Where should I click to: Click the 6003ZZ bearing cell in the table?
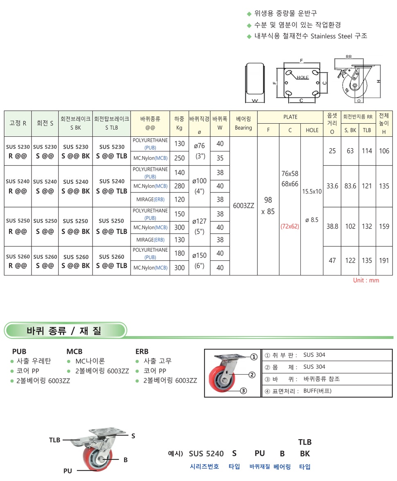pos(244,206)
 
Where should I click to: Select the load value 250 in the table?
pos(180,158)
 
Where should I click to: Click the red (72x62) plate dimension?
pos(290,226)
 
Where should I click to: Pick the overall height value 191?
pos(384,260)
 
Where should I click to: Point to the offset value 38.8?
pos(332,226)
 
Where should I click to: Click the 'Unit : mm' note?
pos(366,280)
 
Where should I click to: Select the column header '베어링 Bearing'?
pos(244,123)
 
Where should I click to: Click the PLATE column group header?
pos(290,117)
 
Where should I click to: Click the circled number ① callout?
pos(254,357)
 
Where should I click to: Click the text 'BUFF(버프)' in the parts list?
pos(317,391)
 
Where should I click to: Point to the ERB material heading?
pos(142,351)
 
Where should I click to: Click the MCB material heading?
pos(74,351)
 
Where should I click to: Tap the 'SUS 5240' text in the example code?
pos(206,454)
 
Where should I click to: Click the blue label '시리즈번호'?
pos(205,466)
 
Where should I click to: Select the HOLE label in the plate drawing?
pos(303,77)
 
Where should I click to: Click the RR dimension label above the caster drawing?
pos(349,57)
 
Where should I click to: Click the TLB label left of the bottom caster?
pos(54,440)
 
